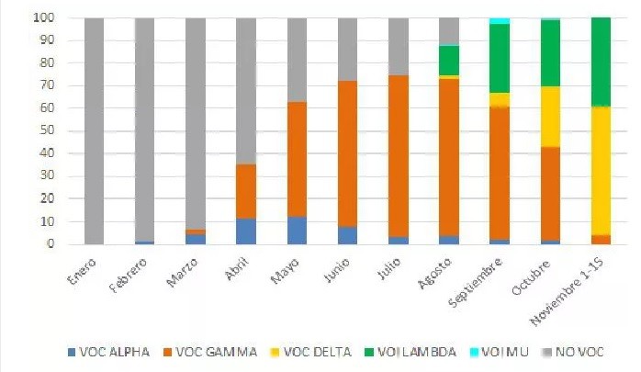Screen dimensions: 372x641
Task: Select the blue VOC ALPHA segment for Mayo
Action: [297, 231]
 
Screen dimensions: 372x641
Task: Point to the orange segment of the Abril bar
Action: [246, 191]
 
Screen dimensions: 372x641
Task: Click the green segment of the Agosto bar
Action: [449, 61]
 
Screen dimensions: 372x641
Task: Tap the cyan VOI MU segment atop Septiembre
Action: [500, 21]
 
